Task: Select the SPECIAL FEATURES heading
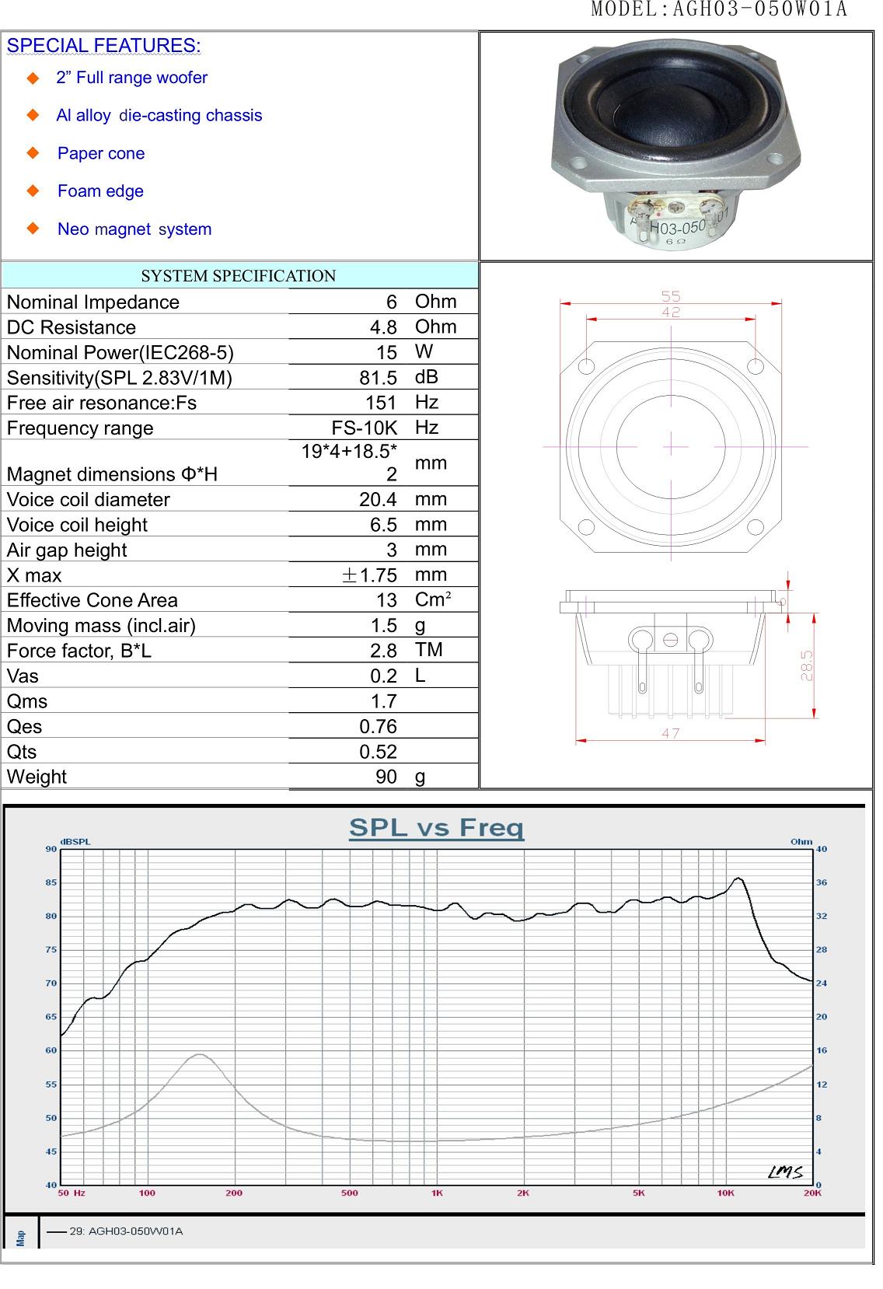pos(103,45)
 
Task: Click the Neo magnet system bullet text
pos(134,229)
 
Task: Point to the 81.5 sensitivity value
pos(378,378)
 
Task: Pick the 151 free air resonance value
pos(381,403)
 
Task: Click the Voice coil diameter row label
pos(88,499)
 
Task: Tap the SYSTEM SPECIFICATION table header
pos(238,276)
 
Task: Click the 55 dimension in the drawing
pos(671,296)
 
